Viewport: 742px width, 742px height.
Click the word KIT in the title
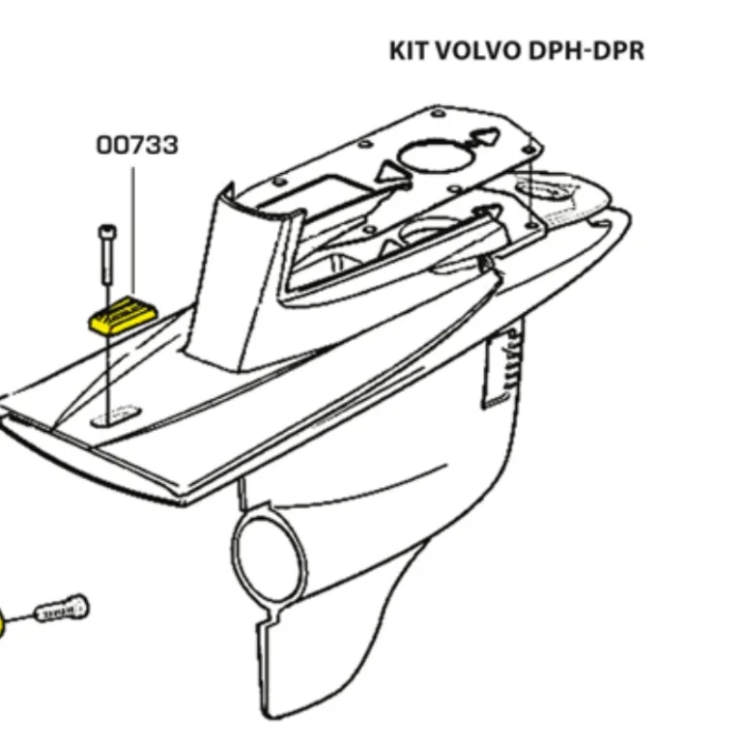(407, 50)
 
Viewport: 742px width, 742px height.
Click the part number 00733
(136, 146)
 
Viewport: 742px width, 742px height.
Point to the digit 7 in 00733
(138, 146)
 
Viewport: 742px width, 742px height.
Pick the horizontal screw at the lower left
(63, 609)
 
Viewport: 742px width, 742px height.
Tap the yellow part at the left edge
(3, 623)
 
